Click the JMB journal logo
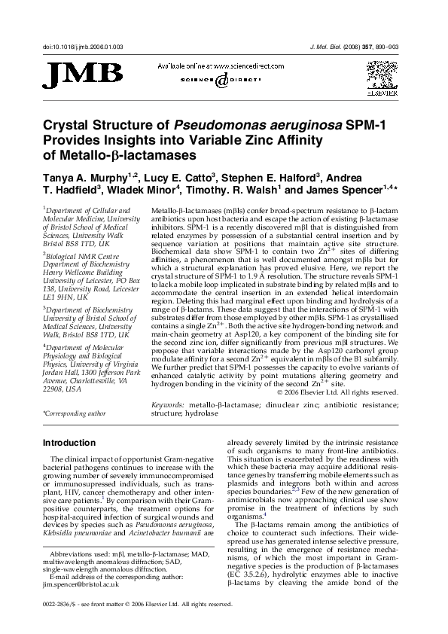click(82, 74)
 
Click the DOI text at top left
click(83, 47)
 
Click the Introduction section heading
click(74, 443)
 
